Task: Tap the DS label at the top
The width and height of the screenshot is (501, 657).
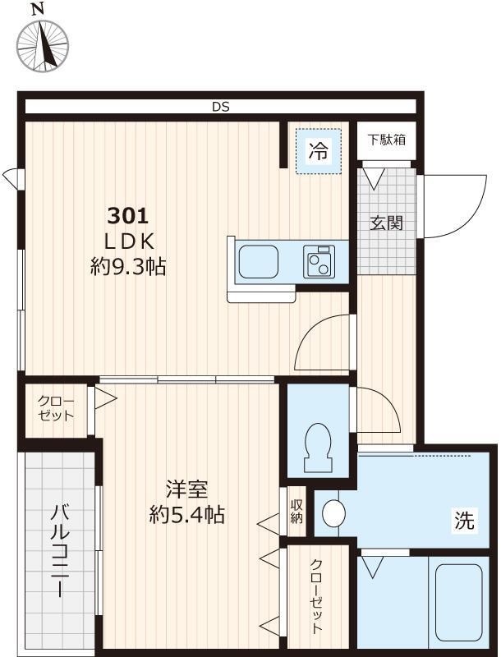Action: tap(219, 107)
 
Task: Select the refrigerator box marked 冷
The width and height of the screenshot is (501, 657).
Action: tap(319, 150)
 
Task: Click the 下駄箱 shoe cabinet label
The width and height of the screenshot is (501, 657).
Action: tap(385, 139)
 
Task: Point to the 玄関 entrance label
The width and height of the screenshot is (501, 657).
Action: tap(385, 222)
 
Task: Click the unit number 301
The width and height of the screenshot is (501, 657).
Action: tap(127, 216)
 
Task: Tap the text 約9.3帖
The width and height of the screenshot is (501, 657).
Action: tap(127, 267)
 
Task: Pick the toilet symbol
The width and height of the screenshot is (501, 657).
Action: tap(317, 445)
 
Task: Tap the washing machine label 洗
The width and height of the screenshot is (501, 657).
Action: tap(464, 520)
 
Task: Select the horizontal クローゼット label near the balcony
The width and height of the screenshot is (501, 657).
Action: tap(57, 408)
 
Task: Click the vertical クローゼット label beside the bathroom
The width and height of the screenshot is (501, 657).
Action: tap(316, 596)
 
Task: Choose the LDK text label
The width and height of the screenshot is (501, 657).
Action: tap(127, 241)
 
